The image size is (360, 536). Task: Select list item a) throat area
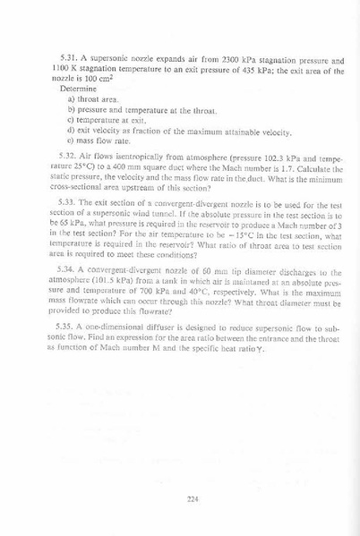click(94, 99)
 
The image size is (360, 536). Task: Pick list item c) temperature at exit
click(106, 120)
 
